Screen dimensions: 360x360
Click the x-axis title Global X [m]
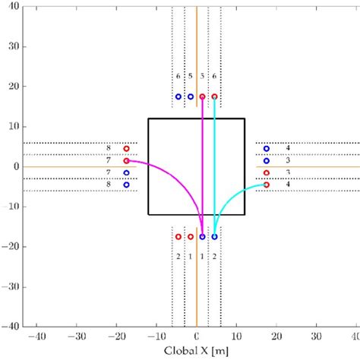197,352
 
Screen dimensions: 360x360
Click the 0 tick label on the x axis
197,335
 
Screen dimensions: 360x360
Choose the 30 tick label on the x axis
317,335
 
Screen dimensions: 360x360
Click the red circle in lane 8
126,149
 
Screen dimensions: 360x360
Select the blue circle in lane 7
126,172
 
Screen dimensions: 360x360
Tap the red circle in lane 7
126,161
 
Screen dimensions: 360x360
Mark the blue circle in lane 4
267,149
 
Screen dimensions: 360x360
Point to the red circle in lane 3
267,172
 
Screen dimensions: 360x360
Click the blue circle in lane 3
267,161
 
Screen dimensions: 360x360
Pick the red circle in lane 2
178,237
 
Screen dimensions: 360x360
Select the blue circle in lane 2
214,237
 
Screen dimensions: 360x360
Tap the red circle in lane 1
191,237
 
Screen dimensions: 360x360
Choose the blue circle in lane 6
178,96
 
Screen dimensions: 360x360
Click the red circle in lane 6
214,96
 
